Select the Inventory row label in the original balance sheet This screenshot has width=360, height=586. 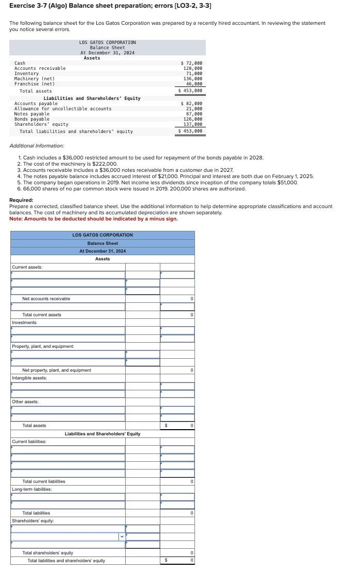click(x=26, y=74)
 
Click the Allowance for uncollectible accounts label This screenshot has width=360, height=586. click(x=63, y=109)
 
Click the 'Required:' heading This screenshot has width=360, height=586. click(x=21, y=200)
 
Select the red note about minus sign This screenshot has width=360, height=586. click(x=93, y=218)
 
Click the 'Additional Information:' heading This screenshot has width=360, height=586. click(x=37, y=146)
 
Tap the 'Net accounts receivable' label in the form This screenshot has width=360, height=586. click(x=46, y=299)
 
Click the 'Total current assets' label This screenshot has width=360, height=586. click(x=41, y=315)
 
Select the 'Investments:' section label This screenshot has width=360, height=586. click(x=24, y=323)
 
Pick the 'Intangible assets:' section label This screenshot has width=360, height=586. click(x=29, y=378)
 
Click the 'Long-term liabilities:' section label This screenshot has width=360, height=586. click(x=32, y=489)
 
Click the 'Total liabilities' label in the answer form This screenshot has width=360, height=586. click(x=36, y=513)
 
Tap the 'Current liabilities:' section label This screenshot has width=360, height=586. click(x=29, y=442)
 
